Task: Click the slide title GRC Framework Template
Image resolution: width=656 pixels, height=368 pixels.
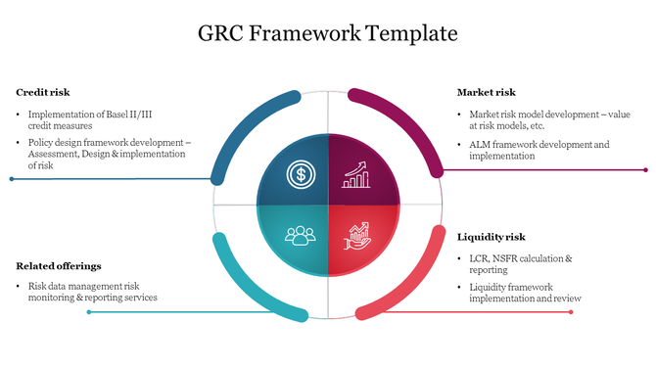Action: [328, 33]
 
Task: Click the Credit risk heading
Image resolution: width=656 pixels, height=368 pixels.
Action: [42, 93]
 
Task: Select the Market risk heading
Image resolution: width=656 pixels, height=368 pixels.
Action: [486, 93]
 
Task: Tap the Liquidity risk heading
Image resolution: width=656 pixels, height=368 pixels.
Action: [491, 237]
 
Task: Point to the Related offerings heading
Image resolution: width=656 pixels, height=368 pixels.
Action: [59, 266]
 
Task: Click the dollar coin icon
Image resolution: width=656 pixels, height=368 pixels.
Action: [300, 176]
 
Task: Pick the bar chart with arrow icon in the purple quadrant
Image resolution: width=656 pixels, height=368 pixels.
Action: [355, 175]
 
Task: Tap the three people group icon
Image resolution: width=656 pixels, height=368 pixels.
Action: [300, 235]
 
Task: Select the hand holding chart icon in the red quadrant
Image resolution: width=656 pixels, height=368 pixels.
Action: [356, 235]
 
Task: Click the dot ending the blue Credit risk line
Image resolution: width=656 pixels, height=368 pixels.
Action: [11, 179]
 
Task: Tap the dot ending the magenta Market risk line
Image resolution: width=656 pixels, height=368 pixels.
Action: [645, 170]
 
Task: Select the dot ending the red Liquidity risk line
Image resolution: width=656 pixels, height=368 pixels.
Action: [571, 312]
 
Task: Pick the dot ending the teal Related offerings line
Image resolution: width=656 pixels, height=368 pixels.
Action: [89, 312]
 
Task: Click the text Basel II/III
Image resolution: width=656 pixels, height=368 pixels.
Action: [126, 114]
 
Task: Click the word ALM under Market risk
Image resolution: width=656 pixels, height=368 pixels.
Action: [481, 145]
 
